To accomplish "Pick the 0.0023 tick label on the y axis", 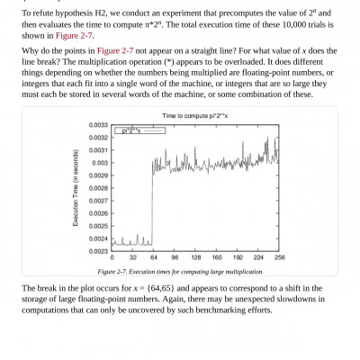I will tap(99, 250).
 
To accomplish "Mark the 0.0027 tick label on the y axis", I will tap(99, 201).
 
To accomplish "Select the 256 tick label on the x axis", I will tap(279, 258).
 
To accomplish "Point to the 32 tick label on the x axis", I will tap(133, 258).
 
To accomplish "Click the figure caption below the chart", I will tap(182, 272).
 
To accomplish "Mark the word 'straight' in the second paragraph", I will tap(198, 53).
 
